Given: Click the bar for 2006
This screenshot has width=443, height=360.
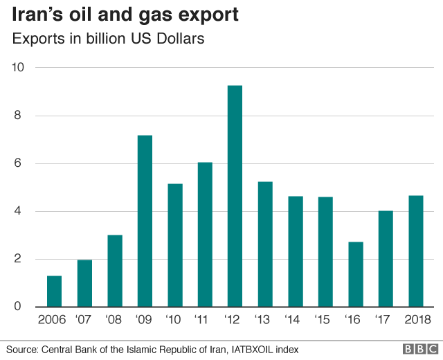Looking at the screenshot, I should pyautogui.click(x=53, y=291).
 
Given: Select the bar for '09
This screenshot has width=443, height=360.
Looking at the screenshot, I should pyautogui.click(x=144, y=222).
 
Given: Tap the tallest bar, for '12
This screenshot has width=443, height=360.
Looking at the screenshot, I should pyautogui.click(x=235, y=197).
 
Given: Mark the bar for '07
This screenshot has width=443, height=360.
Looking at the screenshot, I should pyautogui.click(x=84, y=284).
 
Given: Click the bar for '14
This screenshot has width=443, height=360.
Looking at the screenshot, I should pyautogui.click(x=295, y=252).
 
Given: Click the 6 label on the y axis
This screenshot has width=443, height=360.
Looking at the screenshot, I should pyautogui.click(x=20, y=164).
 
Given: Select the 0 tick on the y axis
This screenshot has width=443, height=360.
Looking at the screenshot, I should pyautogui.click(x=20, y=307).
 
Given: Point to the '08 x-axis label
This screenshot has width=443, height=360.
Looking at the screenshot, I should pyautogui.click(x=114, y=320).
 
